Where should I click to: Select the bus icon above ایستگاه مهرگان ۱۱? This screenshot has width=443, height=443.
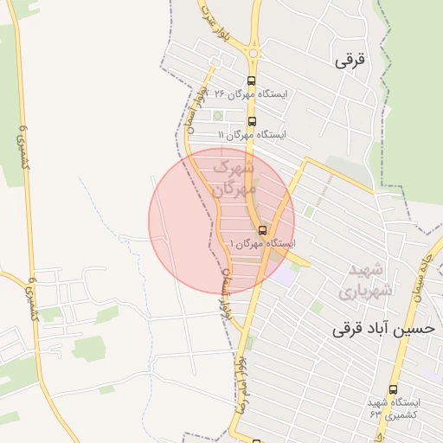(252, 121)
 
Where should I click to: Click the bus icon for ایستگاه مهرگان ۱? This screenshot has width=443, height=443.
(263, 230)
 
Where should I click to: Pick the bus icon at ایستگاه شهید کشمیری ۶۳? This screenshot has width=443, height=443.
(394, 389)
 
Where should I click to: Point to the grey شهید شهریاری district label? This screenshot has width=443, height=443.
(369, 279)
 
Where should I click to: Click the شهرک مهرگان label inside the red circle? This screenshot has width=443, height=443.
(234, 176)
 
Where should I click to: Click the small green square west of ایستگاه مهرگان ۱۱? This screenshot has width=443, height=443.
(216, 115)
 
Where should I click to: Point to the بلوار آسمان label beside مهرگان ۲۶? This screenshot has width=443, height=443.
(189, 106)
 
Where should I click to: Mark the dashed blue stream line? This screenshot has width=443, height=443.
(104, 208)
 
